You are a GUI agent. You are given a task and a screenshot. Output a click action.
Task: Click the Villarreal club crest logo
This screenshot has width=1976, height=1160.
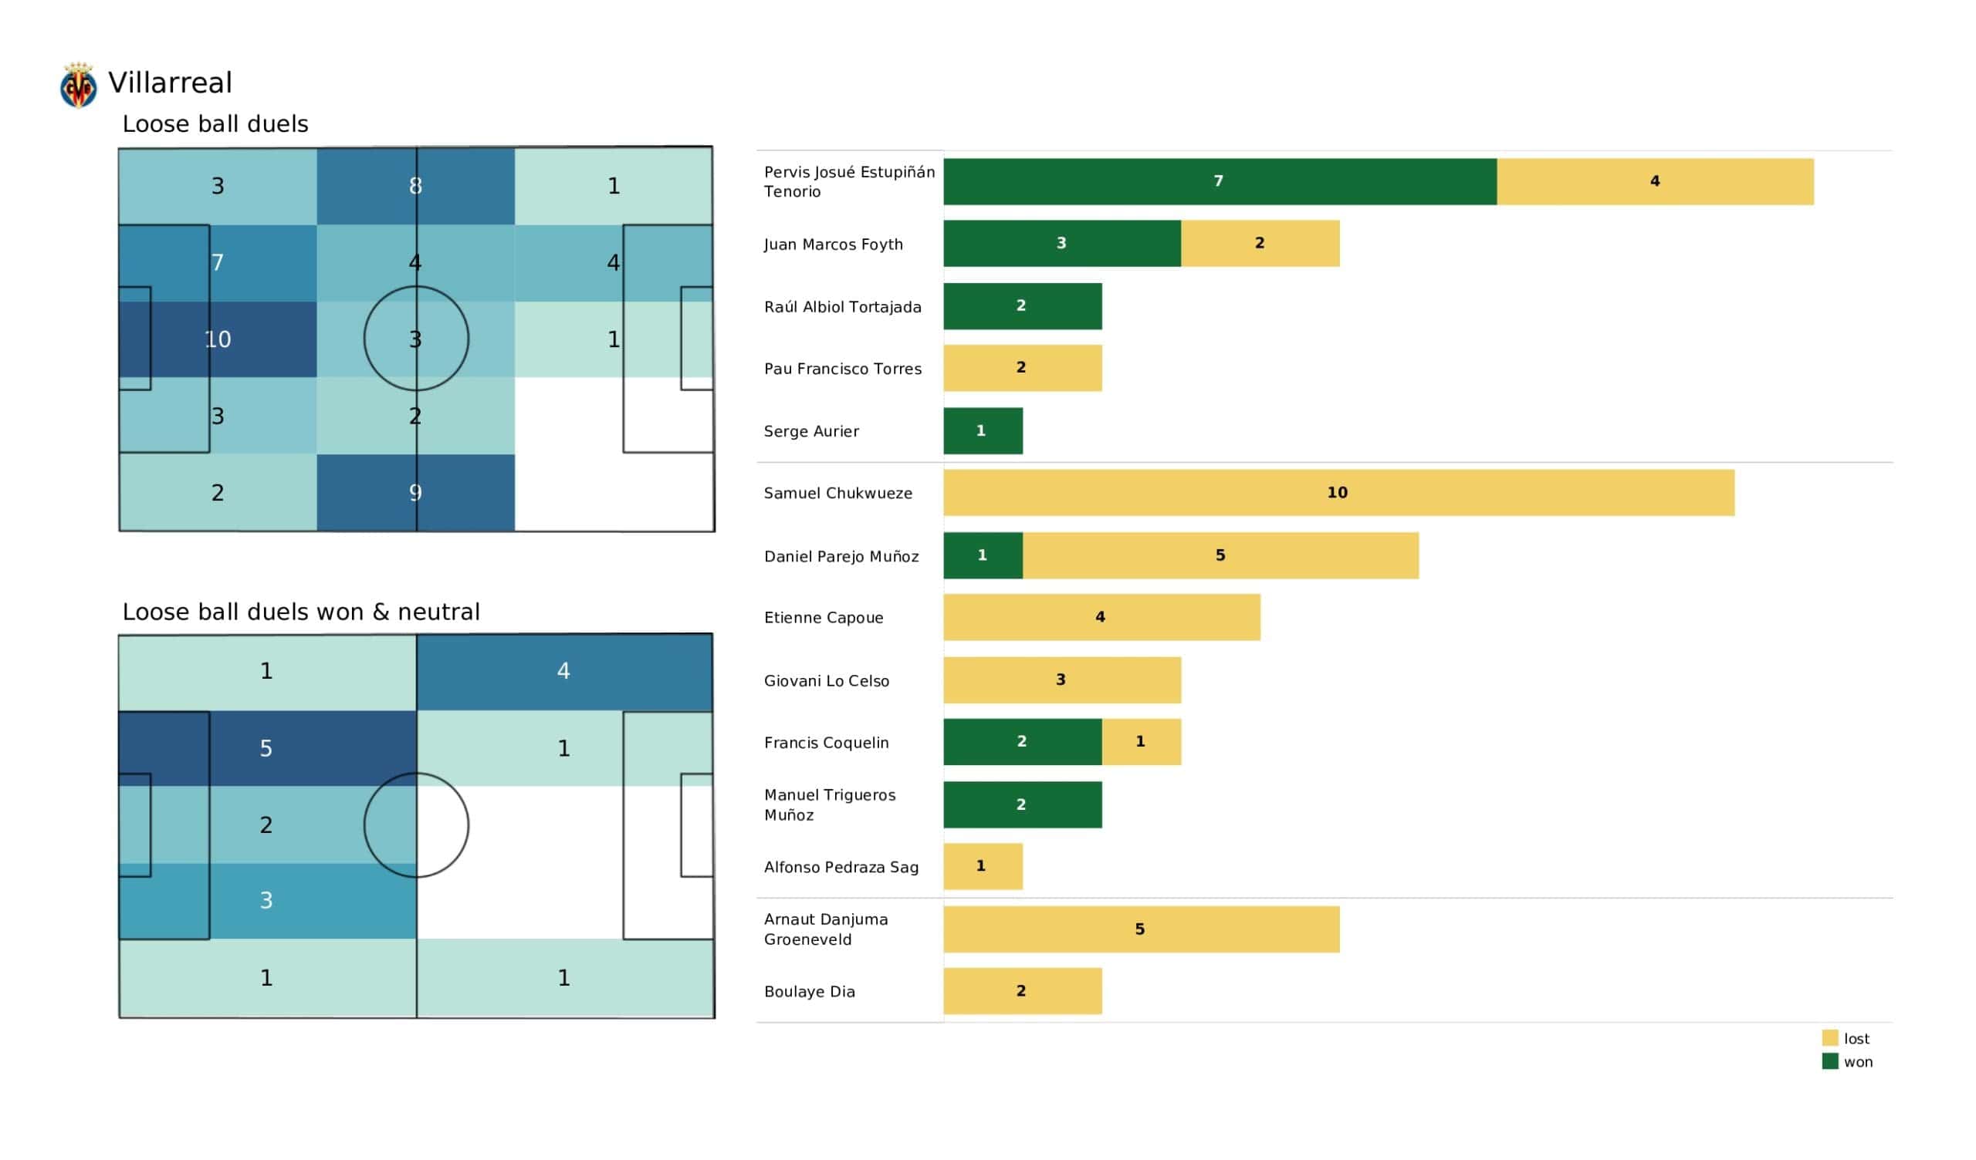tap(79, 85)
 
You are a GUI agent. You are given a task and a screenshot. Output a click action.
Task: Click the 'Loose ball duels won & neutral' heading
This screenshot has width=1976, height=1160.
tap(301, 612)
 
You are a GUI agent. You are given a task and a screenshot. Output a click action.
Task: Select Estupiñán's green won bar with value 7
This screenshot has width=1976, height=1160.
tap(1220, 182)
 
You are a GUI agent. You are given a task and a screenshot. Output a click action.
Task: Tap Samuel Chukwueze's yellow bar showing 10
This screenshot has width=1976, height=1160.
tap(1338, 493)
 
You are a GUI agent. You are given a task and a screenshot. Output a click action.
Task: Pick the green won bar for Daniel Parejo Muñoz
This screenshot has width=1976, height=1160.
tap(983, 555)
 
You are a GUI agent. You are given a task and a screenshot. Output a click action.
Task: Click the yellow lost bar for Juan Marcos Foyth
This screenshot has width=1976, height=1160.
tap(1260, 244)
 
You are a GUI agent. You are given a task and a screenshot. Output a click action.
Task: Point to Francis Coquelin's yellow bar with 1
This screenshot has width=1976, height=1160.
tap(1141, 742)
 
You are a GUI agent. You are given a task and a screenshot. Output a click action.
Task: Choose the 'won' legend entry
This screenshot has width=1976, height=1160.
tap(1847, 1062)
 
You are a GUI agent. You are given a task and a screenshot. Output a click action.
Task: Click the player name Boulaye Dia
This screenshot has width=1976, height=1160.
tap(809, 993)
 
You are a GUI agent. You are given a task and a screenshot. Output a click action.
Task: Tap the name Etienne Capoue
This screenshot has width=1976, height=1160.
tap(824, 619)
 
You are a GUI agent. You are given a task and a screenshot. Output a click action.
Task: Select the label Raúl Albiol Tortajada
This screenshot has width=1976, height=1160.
tap(842, 307)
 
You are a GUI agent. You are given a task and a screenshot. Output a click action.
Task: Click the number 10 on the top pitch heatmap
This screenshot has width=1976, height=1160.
tap(218, 339)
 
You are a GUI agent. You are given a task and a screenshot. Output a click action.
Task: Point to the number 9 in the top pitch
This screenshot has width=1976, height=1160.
tap(415, 493)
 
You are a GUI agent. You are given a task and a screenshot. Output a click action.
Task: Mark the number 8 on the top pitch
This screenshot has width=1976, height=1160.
tap(415, 187)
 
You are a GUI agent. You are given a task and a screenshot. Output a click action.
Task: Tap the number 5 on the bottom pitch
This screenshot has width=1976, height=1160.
tap(266, 748)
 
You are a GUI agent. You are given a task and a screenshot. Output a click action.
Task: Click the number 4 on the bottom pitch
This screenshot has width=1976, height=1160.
tap(563, 671)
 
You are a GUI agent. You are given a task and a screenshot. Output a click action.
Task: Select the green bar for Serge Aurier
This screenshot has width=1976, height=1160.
tap(983, 431)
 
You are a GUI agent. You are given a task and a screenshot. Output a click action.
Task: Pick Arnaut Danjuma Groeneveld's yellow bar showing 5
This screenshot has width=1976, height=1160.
tap(1141, 929)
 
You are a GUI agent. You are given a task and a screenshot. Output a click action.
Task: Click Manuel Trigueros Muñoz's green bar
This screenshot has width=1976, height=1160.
tap(1023, 805)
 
